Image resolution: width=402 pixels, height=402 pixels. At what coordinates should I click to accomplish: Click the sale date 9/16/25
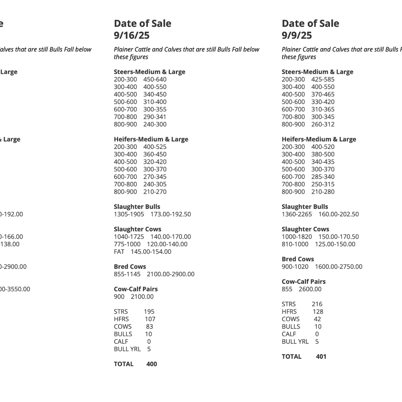131,36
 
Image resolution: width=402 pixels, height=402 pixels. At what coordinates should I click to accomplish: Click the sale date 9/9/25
297,36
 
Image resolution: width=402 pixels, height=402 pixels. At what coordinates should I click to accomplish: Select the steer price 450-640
155,80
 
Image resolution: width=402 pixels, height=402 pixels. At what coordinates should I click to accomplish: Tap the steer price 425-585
323,80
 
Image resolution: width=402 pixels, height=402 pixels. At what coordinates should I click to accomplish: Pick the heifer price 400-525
155,147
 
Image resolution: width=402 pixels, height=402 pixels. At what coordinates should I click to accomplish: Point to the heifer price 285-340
323,177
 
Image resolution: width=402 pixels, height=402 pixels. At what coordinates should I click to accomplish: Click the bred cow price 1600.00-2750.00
339,267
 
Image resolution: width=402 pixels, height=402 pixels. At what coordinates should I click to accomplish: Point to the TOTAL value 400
152,364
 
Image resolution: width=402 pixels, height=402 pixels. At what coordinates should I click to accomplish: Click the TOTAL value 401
321,357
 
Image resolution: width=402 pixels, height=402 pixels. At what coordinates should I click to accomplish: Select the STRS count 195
149,312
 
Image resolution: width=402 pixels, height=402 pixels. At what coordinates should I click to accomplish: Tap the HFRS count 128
318,312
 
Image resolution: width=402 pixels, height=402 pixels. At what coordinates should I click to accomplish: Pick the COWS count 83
149,327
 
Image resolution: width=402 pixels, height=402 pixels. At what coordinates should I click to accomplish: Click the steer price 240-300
155,124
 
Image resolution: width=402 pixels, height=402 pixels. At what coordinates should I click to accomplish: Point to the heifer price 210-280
323,192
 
